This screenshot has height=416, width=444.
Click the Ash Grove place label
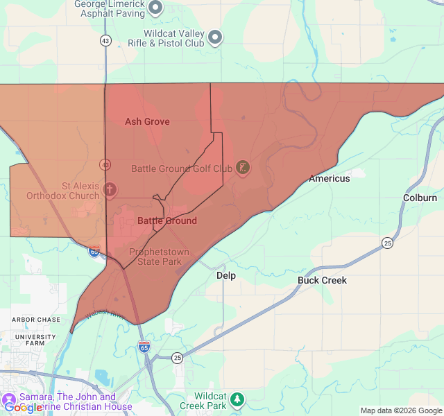tap(147, 121)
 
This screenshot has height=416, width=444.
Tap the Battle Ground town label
tap(166, 220)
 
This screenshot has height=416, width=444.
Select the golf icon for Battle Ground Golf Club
tap(242, 168)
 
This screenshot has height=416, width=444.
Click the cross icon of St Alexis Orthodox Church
tap(110, 189)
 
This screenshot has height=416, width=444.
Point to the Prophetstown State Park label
tap(159, 257)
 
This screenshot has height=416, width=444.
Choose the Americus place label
tap(330, 178)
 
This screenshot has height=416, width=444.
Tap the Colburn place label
tap(420, 198)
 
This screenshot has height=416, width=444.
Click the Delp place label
tap(226, 275)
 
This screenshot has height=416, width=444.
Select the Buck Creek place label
tap(322, 280)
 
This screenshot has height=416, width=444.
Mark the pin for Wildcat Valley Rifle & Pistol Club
tap(215, 37)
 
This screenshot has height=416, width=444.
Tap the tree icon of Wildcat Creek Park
tap(237, 399)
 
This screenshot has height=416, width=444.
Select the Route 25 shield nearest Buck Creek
tap(387, 243)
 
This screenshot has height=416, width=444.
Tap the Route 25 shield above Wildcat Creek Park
tap(178, 358)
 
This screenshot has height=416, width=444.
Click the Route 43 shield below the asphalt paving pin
tap(105, 40)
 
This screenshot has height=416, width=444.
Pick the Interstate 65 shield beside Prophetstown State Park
tap(95, 251)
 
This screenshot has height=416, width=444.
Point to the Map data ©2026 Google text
tap(400, 410)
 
